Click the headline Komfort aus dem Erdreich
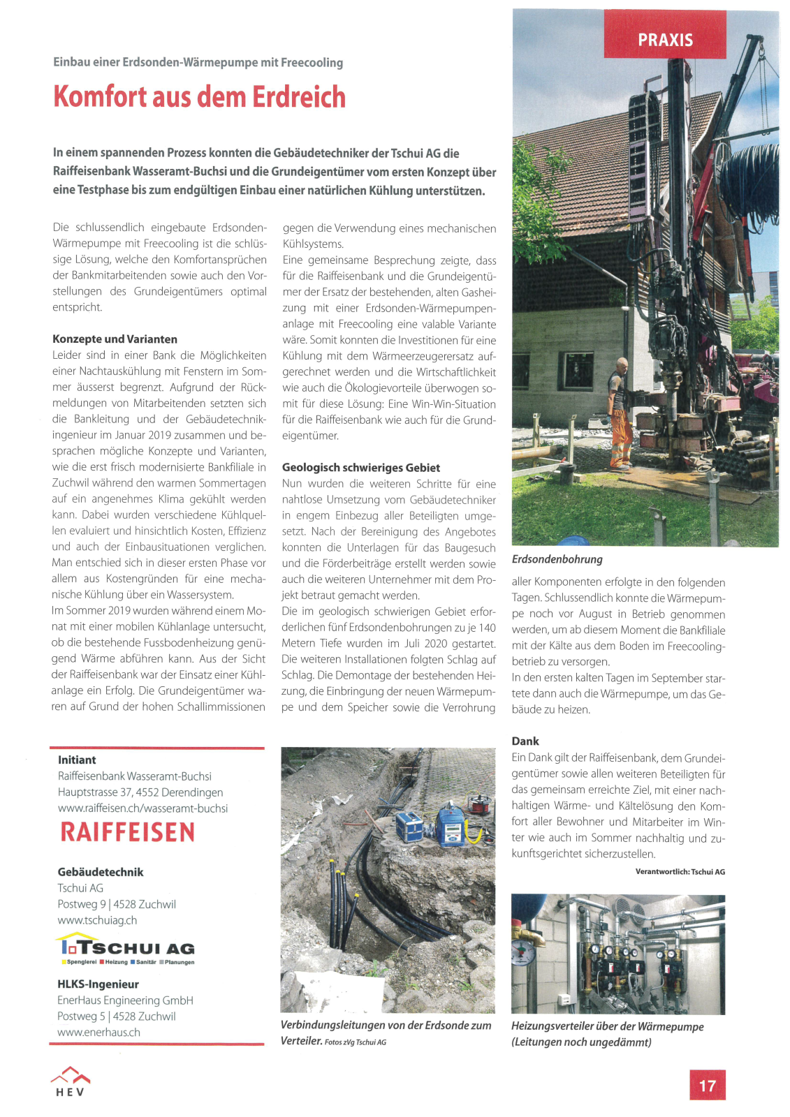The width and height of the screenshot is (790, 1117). [x=200, y=96]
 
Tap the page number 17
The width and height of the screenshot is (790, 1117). [x=707, y=1085]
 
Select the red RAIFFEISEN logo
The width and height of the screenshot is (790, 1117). [x=128, y=832]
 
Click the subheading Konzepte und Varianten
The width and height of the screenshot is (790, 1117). [x=115, y=339]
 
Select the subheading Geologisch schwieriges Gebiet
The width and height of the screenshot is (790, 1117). [x=360, y=468]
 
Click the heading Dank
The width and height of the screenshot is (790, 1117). [x=525, y=741]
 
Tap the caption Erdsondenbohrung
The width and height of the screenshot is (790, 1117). [x=557, y=559]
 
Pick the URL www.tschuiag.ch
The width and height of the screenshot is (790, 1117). [x=97, y=920]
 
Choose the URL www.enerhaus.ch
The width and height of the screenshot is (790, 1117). [x=98, y=1032]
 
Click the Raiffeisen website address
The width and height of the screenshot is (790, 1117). [x=142, y=808]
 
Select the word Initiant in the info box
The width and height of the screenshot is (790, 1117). [x=77, y=760]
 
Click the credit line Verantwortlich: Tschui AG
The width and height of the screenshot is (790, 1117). [x=680, y=871]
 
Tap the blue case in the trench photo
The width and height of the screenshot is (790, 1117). [x=409, y=825]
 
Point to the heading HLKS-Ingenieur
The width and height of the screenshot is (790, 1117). [x=98, y=984]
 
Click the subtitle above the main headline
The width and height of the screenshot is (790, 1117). [x=198, y=62]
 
